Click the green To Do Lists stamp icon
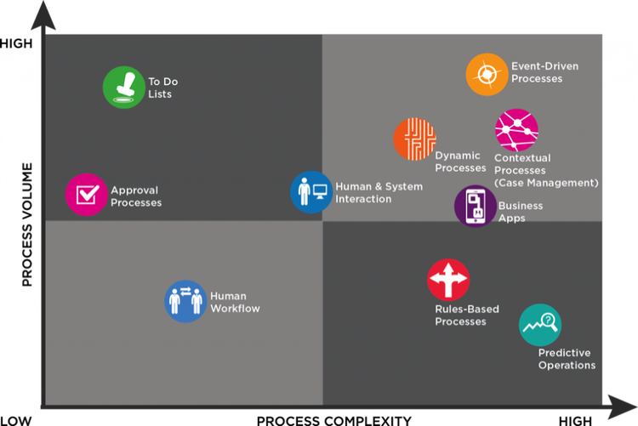coord(123,87)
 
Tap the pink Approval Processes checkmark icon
coord(86,195)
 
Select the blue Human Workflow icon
coord(185,301)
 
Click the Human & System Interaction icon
coord(311,192)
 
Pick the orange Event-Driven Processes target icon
coord(487,75)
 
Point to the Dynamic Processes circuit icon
coord(414,139)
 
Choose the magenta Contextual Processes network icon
coord(516,130)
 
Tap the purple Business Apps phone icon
coord(476,206)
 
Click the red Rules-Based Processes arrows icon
coord(448,280)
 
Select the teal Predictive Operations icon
coord(540,325)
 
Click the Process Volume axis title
coord(27,224)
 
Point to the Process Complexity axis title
coord(334,421)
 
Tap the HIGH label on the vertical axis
coord(16,43)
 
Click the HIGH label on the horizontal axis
coord(575,421)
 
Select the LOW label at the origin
coord(16,421)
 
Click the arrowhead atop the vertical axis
coord(43,15)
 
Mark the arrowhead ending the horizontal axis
coord(622,407)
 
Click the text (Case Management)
coord(546,183)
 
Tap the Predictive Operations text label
coord(567,359)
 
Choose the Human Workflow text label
coord(235,303)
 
